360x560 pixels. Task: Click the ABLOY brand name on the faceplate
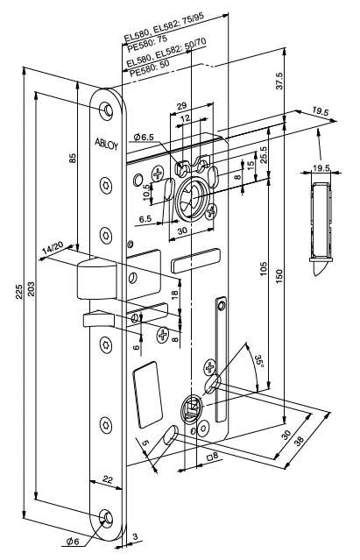tap(106, 143)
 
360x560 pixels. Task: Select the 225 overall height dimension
tap(19, 292)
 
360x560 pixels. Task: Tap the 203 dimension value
tap(31, 287)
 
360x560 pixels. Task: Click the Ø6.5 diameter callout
tap(143, 137)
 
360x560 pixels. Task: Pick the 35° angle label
tap(261, 360)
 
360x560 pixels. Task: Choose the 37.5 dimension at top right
tap(279, 82)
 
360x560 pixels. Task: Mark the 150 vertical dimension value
tap(279, 276)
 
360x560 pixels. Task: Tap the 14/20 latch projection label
tap(52, 248)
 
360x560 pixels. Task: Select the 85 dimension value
tap(73, 158)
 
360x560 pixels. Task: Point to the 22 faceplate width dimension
tap(108, 479)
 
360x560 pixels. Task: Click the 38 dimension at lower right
tap(299, 440)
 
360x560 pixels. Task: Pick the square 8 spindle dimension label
tap(212, 456)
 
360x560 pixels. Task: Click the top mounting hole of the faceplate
tap(106, 109)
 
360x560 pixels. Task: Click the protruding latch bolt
tap(96, 280)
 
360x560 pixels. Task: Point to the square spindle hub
tap(193, 409)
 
